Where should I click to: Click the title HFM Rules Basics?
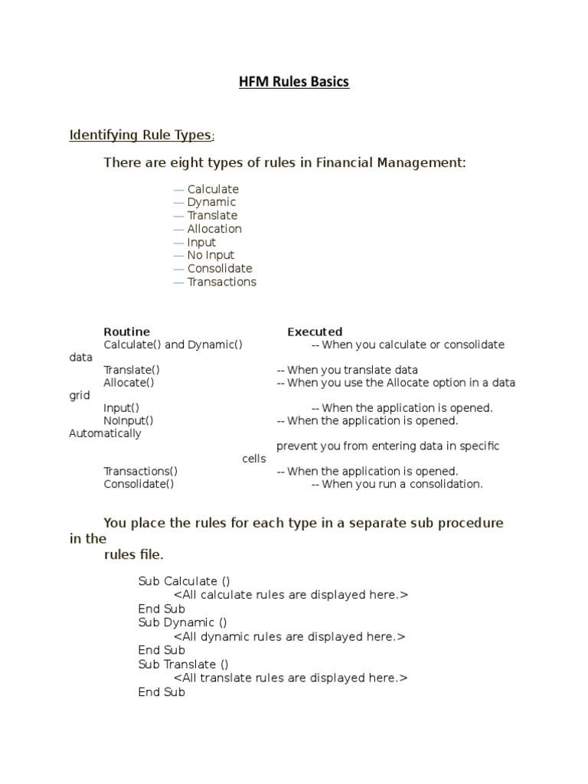293,82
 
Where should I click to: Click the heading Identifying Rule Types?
141,135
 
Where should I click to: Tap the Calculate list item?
213,189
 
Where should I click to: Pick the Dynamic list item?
211,202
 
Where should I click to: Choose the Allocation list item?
214,228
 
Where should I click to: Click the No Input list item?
211,255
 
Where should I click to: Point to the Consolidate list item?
220,268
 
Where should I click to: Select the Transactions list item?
222,282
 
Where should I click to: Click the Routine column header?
127,332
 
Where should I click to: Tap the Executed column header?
315,332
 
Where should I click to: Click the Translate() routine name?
132,370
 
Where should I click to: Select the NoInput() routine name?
129,420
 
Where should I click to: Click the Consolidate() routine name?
139,484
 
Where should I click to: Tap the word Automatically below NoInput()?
105,433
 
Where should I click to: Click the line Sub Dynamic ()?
182,622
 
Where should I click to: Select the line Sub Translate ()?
183,664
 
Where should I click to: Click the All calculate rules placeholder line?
291,595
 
